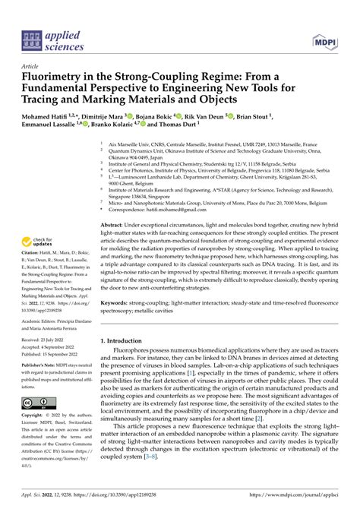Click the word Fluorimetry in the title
click(58, 77)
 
